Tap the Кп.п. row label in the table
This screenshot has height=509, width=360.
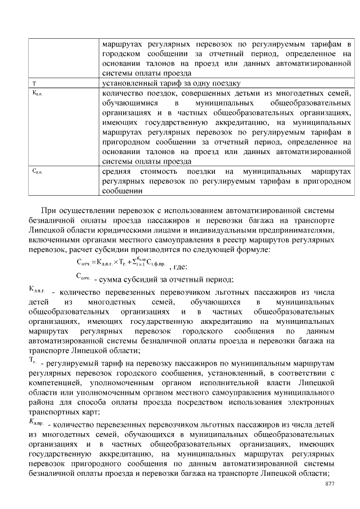37,93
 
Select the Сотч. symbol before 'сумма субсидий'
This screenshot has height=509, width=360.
84,277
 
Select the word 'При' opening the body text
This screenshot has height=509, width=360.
49,210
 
